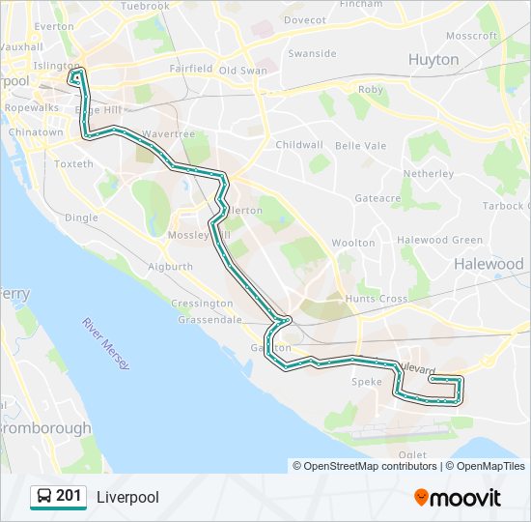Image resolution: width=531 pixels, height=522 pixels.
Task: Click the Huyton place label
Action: click(x=433, y=60)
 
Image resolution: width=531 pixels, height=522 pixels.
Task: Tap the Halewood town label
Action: click(x=489, y=264)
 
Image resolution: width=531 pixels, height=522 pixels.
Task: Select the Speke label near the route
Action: click(x=367, y=382)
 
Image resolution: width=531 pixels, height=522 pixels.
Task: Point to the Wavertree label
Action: click(x=168, y=133)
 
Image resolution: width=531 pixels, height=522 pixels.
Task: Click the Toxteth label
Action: click(x=73, y=164)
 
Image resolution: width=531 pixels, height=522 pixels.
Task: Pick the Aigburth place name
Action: click(x=171, y=266)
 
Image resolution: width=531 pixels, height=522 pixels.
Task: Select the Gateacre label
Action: click(x=377, y=197)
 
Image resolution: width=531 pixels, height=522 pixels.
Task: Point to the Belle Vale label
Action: click(x=360, y=145)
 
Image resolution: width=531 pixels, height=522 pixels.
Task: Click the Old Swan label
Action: click(x=242, y=71)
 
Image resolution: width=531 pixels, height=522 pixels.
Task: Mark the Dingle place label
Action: click(x=81, y=217)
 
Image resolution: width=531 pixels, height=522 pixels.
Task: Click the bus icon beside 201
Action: click(x=44, y=498)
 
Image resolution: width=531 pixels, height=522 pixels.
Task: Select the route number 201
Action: click(x=69, y=497)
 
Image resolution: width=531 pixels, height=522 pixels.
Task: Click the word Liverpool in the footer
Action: click(x=127, y=498)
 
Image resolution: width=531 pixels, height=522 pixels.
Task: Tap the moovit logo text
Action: click(x=465, y=498)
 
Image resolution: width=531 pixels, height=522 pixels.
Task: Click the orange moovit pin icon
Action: click(x=421, y=498)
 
